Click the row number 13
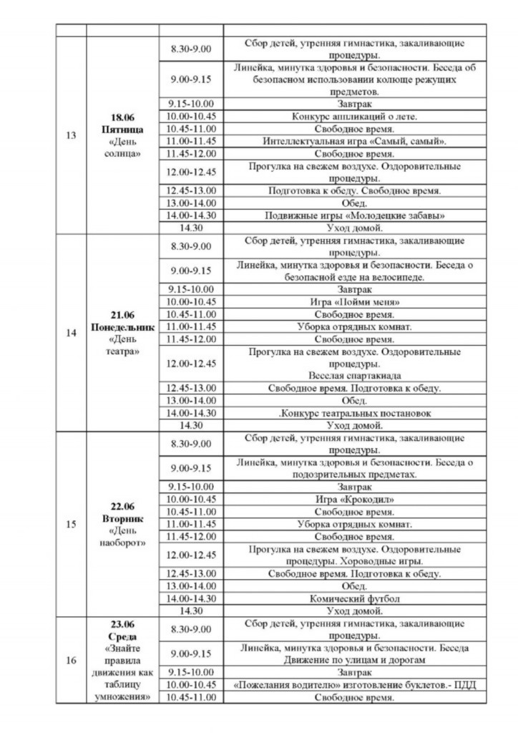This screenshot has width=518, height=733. tap(71, 135)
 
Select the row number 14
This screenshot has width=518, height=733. tap(71, 332)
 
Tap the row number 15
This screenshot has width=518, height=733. tap(71, 524)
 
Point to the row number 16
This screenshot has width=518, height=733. tap(71, 660)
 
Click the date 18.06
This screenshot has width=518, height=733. tap(122, 117)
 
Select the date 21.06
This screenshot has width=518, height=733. tap(122, 314)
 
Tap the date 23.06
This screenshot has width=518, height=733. tap(122, 623)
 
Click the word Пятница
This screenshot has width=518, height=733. tap(122, 129)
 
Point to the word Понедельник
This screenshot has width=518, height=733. tap(122, 327)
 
